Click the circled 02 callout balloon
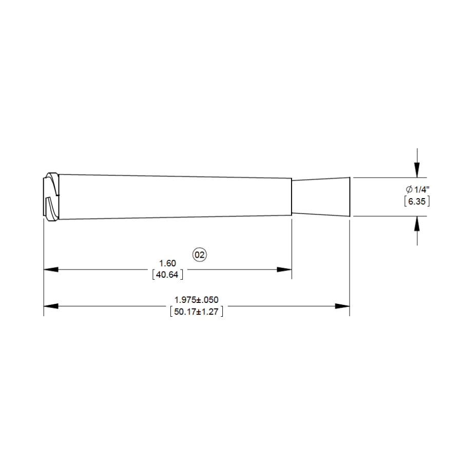200,255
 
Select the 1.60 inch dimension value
167,263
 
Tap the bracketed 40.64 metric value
167,275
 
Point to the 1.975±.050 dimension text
197,300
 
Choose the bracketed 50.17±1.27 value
197,312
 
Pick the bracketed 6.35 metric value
417,201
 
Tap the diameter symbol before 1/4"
409,189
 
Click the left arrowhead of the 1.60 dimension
51,269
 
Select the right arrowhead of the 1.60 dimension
284,269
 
